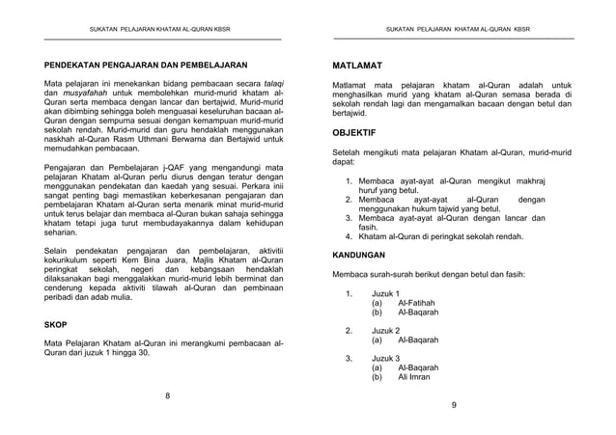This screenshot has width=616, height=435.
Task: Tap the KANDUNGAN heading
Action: coord(357,256)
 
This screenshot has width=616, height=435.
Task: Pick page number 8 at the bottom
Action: coord(167,396)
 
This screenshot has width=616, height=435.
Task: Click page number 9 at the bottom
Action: coord(453,405)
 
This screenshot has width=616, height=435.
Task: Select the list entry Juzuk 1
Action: coord(386,293)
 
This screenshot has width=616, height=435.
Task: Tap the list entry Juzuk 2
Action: coord(386,330)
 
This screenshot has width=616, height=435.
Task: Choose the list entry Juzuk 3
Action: coord(386,358)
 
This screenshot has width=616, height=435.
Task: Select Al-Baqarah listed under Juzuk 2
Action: coord(418,340)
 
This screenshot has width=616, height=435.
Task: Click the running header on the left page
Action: coord(161,29)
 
